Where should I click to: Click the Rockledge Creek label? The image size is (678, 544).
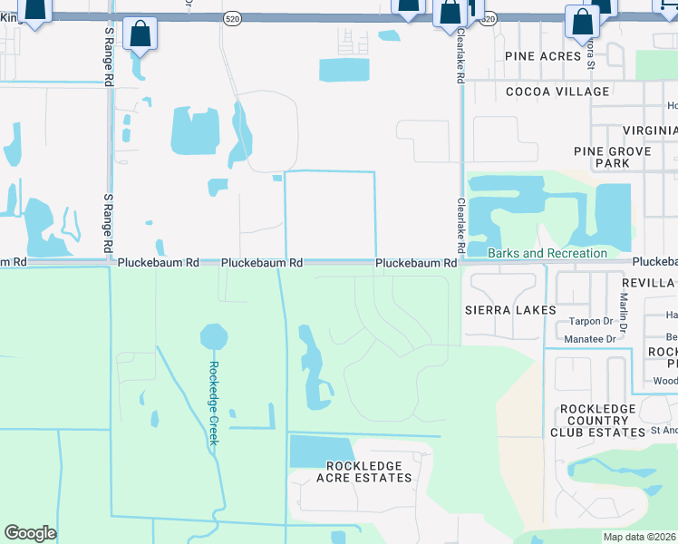(214, 403)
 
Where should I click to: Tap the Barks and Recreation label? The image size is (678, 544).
(547, 253)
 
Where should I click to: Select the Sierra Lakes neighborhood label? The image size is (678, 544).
(510, 310)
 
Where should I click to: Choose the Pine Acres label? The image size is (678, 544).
(543, 56)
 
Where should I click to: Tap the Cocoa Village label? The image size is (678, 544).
(557, 92)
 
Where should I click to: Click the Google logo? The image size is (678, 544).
(30, 533)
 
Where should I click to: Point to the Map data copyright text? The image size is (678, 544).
(640, 537)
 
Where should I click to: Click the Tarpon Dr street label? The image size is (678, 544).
(592, 322)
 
